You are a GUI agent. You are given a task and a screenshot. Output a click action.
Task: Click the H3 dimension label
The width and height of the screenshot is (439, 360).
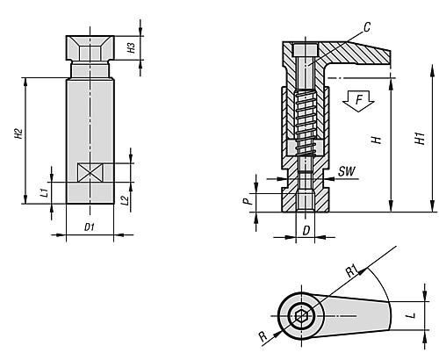click(x=132, y=47)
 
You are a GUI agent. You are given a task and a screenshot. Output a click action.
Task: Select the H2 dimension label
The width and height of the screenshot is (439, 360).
click(x=18, y=133)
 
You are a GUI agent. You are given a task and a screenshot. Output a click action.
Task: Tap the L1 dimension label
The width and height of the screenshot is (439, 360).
click(x=44, y=192)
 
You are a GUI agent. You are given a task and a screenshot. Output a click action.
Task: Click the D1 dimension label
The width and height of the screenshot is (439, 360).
click(x=90, y=227)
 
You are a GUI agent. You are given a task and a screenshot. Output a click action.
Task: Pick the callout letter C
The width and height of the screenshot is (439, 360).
click(x=367, y=27)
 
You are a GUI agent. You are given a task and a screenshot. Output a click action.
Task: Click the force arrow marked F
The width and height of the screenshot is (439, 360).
click(x=358, y=101)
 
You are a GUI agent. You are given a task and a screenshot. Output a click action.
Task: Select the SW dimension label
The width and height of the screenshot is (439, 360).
click(x=347, y=171)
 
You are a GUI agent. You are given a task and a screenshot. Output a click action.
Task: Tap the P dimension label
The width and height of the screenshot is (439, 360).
click(x=248, y=201)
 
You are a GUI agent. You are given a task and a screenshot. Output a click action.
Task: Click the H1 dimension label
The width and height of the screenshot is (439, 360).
click(x=421, y=138)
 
